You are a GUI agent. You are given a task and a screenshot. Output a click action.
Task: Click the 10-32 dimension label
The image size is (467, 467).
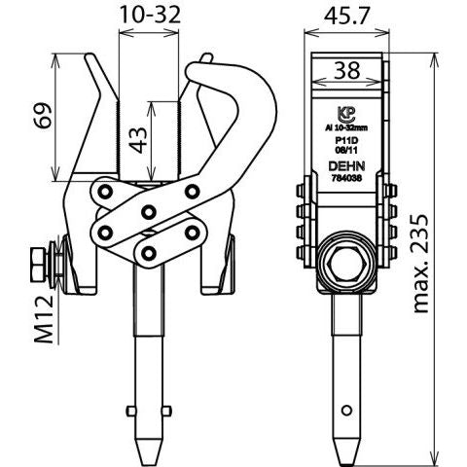click(x=150, y=15)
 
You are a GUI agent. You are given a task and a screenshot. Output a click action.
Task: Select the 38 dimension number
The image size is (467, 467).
click(x=346, y=70)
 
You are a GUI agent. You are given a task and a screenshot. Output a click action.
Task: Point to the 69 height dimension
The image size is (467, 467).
click(x=43, y=116)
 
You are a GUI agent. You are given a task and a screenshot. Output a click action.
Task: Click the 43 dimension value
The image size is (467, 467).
click(x=138, y=139)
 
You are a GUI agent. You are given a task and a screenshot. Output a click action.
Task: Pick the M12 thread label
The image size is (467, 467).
click(x=44, y=319)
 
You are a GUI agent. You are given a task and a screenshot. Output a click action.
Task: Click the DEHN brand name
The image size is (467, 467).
click(x=346, y=166)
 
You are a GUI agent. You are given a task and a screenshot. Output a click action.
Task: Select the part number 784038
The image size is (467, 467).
click(x=346, y=178)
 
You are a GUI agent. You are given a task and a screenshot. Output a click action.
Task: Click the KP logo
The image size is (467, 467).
click(x=346, y=114)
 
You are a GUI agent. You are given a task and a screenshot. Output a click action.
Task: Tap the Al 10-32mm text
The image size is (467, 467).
click(x=346, y=128)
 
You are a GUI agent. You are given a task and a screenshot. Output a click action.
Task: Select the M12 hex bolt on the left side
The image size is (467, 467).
click(x=39, y=265)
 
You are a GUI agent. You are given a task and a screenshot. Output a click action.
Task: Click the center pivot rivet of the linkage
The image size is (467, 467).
click(x=149, y=212)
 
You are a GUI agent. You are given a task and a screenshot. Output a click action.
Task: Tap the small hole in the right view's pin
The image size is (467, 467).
click(x=346, y=411)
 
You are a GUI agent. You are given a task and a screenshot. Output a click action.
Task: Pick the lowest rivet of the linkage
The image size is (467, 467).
click(x=148, y=253)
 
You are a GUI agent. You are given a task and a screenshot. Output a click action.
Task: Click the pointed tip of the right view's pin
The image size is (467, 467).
click(x=346, y=464)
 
